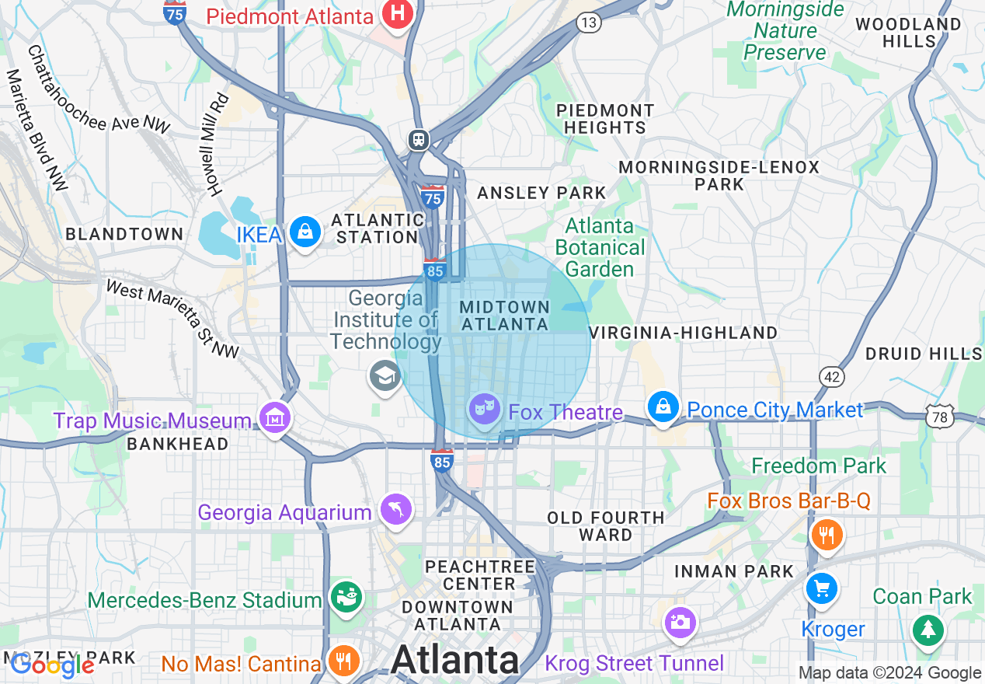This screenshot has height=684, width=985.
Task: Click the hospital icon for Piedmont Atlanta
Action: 398,13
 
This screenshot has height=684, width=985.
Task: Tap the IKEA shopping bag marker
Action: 305,232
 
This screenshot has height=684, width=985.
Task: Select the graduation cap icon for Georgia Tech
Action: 385,377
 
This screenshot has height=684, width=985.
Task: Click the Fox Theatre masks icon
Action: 485,407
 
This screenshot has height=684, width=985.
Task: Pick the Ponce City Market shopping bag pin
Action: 663,407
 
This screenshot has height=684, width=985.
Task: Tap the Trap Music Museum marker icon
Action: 274,418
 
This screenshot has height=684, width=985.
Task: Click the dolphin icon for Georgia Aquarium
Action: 395,510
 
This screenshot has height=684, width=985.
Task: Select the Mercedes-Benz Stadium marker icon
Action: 345,597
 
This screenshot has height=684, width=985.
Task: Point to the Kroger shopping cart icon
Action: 821,588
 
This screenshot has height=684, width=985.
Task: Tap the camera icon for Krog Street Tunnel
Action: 680,622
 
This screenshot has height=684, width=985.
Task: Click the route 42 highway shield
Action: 831,377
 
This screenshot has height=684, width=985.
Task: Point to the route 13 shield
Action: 589,23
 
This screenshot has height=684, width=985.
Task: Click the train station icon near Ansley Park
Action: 419,139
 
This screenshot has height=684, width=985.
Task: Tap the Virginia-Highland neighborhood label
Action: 683,333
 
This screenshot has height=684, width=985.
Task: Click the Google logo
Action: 52,665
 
